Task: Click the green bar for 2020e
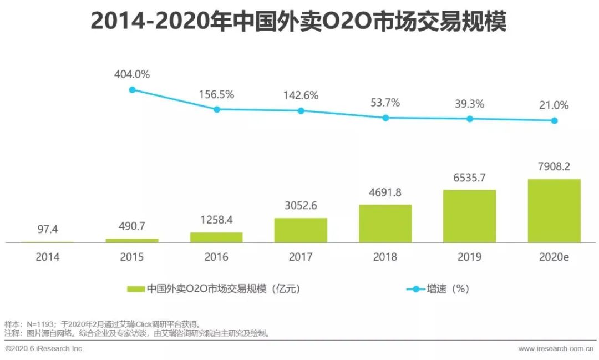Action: [x=554, y=211]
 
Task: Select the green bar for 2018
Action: [x=385, y=224]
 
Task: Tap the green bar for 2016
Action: [x=216, y=237]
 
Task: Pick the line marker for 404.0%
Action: [x=132, y=89]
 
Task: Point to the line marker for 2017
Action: [x=301, y=111]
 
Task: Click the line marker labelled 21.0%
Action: [x=554, y=120]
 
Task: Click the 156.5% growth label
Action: [x=216, y=94]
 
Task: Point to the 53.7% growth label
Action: [x=385, y=103]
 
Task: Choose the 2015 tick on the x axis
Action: [x=132, y=257]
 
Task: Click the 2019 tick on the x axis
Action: [x=469, y=257]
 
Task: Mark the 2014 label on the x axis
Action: [x=48, y=257]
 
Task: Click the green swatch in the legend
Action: [x=136, y=289]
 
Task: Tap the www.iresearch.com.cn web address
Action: [x=556, y=349]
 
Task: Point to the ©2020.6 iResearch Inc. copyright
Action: [x=44, y=349]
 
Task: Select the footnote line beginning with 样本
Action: [x=102, y=323]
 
